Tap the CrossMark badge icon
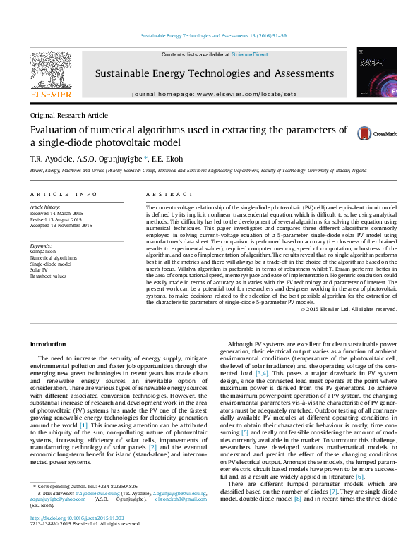[365, 134]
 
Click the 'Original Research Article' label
[68, 115]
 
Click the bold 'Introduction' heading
[48, 343]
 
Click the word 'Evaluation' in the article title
[55, 130]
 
